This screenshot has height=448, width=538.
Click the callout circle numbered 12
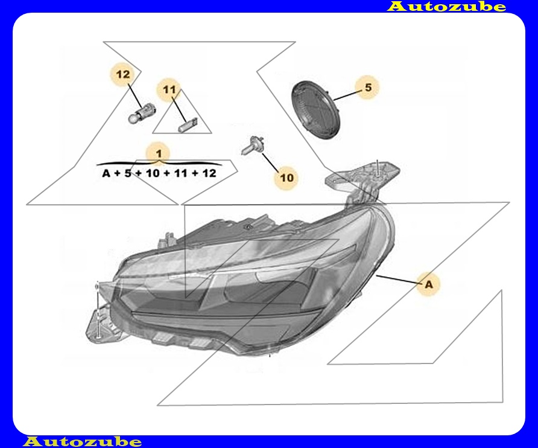123,75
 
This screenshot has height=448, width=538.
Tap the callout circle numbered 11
169,91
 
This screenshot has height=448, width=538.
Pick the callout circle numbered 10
287,178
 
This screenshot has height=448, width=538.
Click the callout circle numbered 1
159,154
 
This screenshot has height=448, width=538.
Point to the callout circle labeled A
428,284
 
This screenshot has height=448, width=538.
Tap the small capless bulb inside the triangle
188,125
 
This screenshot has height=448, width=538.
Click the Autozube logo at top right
446,7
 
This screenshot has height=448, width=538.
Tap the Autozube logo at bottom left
82,442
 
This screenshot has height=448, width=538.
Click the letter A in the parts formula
106,173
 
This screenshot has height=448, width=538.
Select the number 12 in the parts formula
209,173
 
